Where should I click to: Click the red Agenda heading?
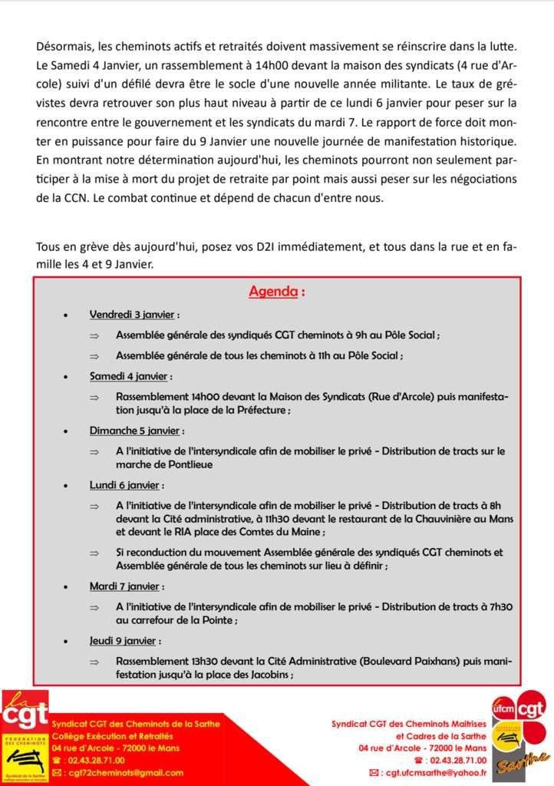point(276,292)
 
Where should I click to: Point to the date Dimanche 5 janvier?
point(137,431)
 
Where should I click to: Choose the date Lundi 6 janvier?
point(126,485)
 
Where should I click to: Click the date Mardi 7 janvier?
point(125,586)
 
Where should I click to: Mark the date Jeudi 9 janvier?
point(125,640)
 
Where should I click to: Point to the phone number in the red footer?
point(93,760)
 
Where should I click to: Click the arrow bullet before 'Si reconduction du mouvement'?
point(94,553)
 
